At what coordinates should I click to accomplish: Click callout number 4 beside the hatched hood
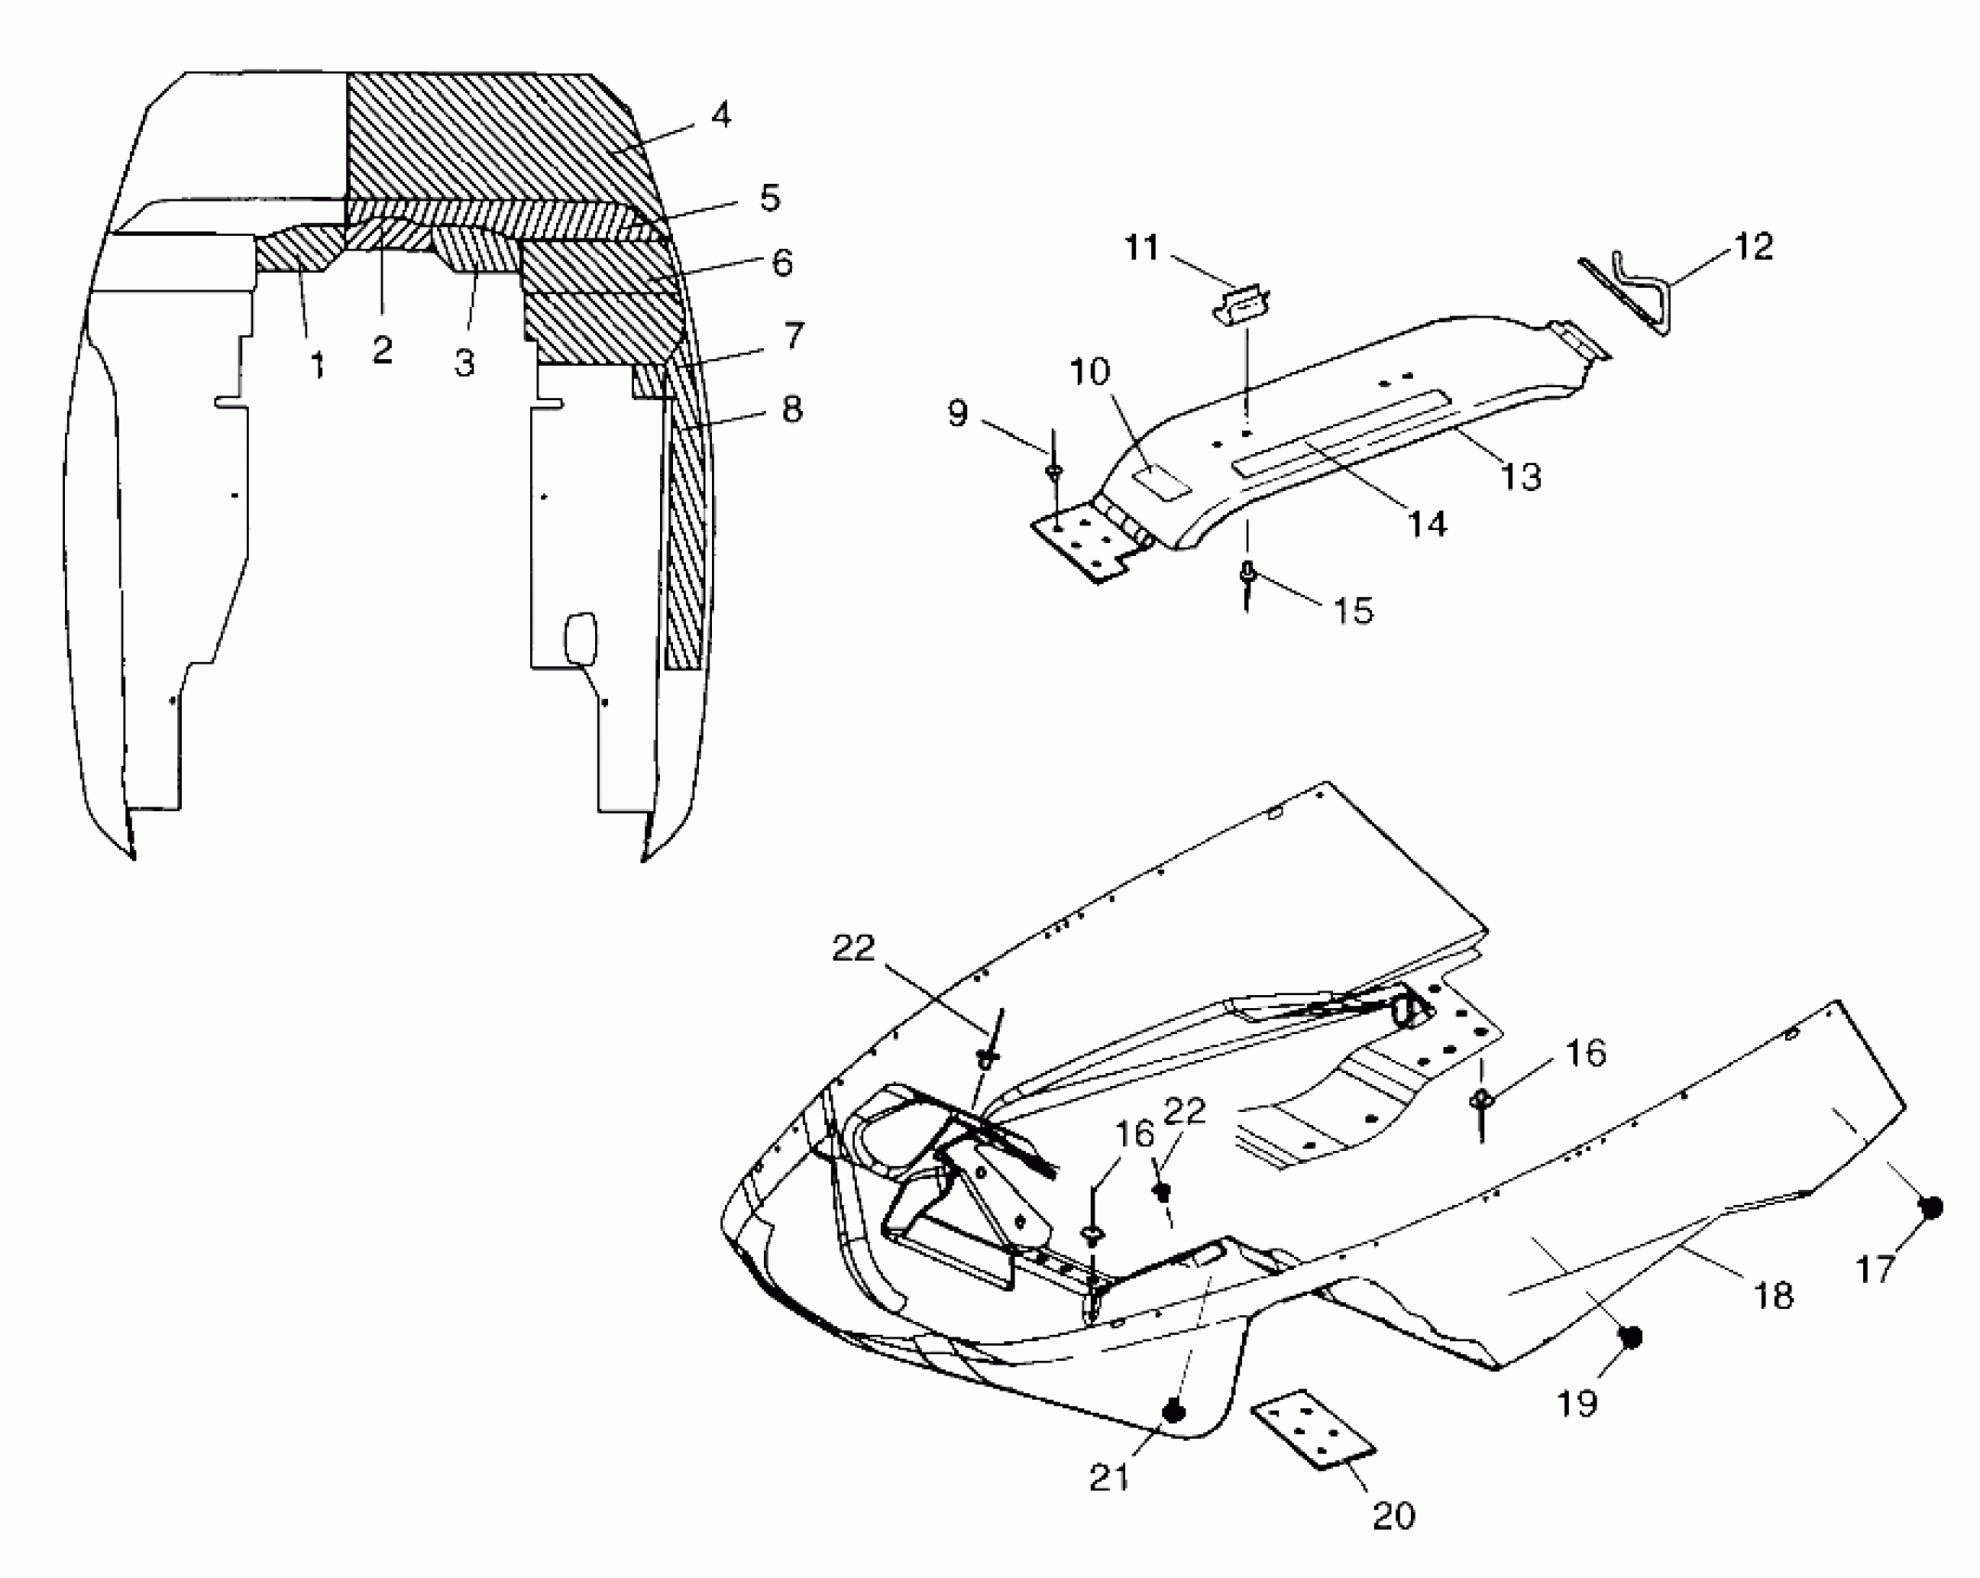coord(720,116)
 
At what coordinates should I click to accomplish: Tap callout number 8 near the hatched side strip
coord(791,409)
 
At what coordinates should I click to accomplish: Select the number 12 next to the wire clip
coord(1753,247)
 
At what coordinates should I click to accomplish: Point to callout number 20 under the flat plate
coord(1393,1516)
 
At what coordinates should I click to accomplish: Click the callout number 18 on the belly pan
coord(1774,1295)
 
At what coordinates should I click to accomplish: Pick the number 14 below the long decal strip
coord(1427,524)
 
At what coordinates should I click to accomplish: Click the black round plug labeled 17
coord(1931,1208)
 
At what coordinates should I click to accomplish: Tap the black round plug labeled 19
coord(1629,1338)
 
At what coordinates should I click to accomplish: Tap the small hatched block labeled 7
coord(650,381)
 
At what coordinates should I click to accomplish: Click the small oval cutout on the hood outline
coord(580,636)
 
